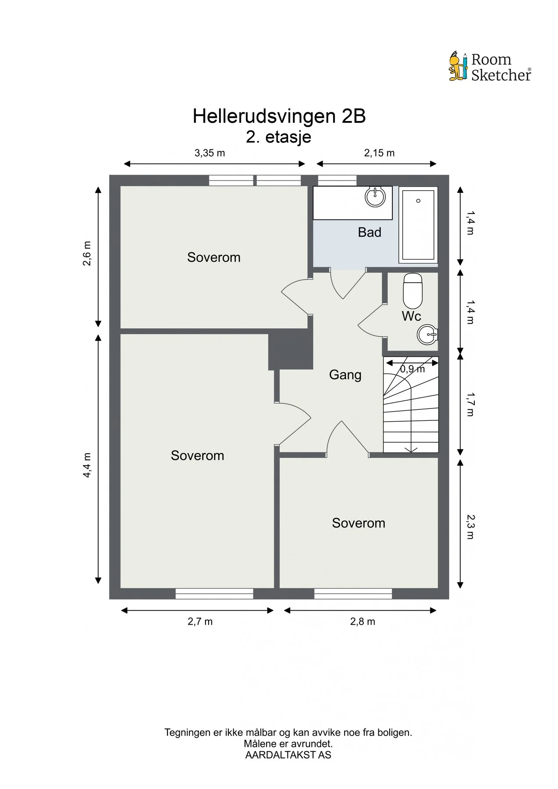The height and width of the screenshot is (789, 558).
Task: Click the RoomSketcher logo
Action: coord(490,67)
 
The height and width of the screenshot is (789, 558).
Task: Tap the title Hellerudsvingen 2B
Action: coord(279,116)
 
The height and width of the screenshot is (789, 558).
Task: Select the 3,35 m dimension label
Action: coord(210,153)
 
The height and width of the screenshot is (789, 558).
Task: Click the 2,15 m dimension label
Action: coord(379,153)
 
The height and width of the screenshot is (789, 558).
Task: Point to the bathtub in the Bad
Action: coord(418,225)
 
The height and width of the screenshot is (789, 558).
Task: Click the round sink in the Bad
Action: coord(375,197)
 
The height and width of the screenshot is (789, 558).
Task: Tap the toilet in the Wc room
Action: coord(412,291)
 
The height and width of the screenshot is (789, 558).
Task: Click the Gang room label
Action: coord(345,375)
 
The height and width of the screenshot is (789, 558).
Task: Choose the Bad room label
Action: coord(370,232)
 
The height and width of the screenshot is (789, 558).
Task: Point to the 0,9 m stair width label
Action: coord(412,369)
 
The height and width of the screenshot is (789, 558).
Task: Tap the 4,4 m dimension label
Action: coord(87,465)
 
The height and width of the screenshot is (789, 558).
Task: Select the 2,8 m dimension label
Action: coord(363,622)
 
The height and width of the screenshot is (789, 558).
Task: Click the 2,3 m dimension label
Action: coord(470,526)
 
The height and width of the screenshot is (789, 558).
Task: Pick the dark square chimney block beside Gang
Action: coord(291,349)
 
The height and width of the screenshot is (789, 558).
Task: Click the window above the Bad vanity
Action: coord(337,180)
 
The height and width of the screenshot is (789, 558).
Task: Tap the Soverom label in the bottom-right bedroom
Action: coord(359,523)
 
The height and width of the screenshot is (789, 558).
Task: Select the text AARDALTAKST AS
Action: coord(288,755)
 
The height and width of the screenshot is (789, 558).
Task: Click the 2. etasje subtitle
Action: coord(279,137)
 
